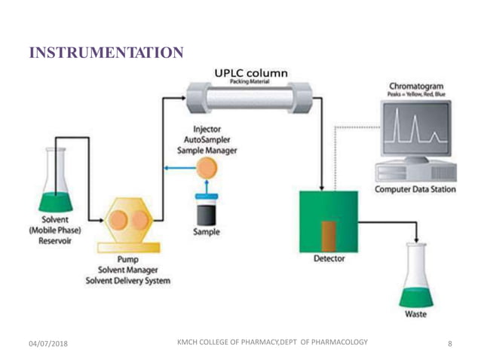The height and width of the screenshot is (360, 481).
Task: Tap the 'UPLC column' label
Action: pos(250,73)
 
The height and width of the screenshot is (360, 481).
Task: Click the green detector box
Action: pos(328,221)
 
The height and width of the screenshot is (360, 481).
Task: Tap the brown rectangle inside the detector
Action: pos(329,235)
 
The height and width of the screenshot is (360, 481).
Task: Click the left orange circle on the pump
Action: pos(118,220)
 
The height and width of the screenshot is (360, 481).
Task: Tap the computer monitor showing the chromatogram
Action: pos(415,133)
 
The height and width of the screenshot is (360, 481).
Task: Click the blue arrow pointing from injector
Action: pos(180,169)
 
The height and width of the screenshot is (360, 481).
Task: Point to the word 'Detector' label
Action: pos(329,258)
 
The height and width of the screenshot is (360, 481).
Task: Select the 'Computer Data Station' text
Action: pos(415,189)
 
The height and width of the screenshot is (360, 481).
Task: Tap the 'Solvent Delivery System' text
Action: pos(133,281)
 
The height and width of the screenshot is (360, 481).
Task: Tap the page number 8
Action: pos(449,344)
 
